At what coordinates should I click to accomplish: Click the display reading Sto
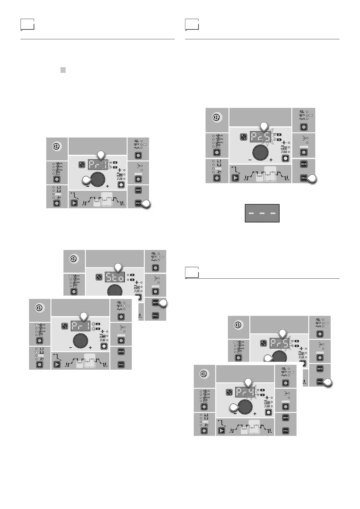[115, 277]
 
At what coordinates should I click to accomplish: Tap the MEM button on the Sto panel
[155, 303]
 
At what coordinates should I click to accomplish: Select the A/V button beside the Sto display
[99, 277]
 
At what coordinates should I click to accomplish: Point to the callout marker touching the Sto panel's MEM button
[163, 303]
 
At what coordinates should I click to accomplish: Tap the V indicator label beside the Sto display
[132, 280]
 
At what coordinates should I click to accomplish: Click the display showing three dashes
[262, 213]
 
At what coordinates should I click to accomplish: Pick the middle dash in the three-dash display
[262, 213]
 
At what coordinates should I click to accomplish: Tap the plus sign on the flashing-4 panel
[255, 413]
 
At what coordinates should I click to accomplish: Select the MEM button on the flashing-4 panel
[286, 418]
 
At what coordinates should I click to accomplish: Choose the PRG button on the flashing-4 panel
[286, 431]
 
